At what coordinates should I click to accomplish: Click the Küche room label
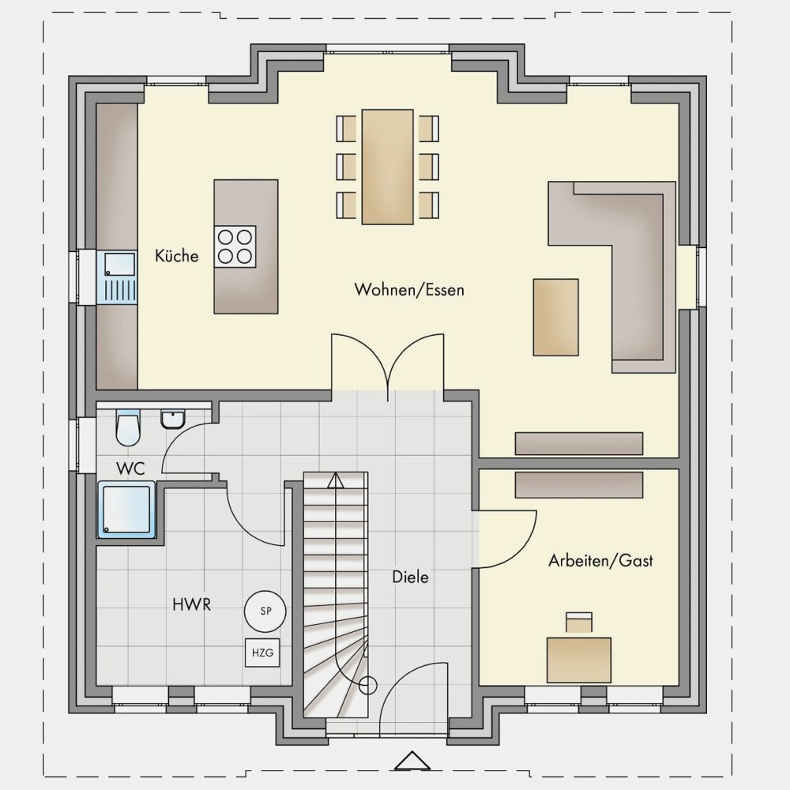[x=176, y=255]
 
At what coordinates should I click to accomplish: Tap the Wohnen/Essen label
[x=409, y=290]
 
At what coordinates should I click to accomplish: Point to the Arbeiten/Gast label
[x=600, y=561]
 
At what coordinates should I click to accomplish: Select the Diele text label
[x=410, y=577]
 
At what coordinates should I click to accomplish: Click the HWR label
[x=191, y=604]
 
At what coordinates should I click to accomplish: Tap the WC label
[x=130, y=468]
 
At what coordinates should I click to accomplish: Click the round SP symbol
[x=265, y=611]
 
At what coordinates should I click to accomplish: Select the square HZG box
[x=262, y=653]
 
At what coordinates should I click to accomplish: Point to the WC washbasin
[x=173, y=419]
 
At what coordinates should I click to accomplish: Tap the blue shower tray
[x=127, y=510]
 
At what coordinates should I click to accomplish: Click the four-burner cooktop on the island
[x=235, y=246]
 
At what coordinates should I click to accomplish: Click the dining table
[x=387, y=166]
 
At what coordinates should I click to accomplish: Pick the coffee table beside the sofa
[x=555, y=317]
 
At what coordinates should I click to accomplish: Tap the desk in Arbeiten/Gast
[x=579, y=660]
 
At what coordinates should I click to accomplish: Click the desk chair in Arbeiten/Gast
[x=579, y=622]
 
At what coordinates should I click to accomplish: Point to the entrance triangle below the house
[x=412, y=761]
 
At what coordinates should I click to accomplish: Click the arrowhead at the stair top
[x=336, y=480]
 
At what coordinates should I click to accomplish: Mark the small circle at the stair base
[x=368, y=685]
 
